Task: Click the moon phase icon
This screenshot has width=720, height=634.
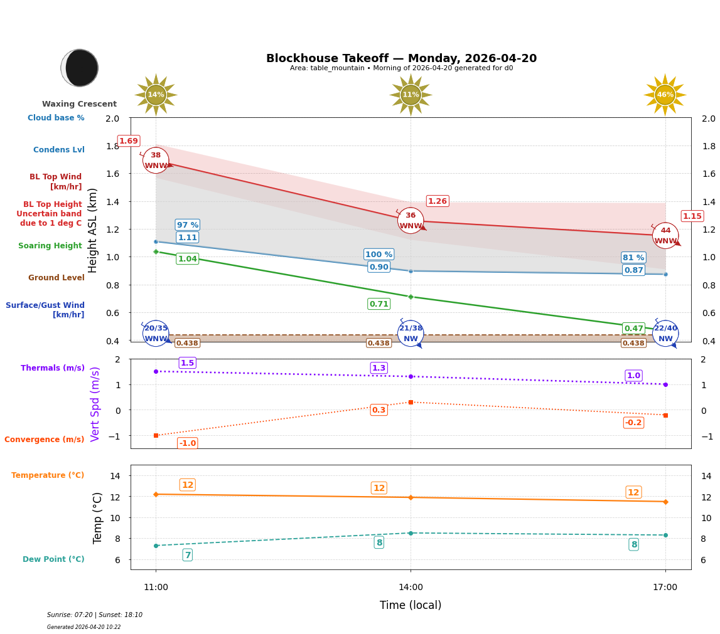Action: (x=80, y=68)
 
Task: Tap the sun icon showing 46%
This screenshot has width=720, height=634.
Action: (x=665, y=95)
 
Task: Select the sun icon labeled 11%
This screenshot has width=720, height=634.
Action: (x=411, y=95)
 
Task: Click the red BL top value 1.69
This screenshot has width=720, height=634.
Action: (x=129, y=141)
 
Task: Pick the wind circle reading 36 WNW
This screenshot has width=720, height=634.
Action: (x=411, y=221)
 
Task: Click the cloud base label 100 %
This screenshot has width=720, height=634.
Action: (x=379, y=255)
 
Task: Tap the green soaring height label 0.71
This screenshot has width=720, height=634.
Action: (x=379, y=304)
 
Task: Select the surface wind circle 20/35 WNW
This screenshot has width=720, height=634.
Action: (x=156, y=334)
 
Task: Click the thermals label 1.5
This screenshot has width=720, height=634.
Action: (x=187, y=363)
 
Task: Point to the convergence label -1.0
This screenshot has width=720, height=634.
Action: (x=187, y=443)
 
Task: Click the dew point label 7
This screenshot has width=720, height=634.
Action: (x=187, y=555)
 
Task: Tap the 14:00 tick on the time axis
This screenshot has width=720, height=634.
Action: (x=411, y=588)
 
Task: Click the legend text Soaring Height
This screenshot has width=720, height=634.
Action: (x=50, y=246)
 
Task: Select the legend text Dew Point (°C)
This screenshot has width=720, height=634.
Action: (x=53, y=559)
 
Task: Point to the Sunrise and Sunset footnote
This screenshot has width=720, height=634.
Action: (x=95, y=615)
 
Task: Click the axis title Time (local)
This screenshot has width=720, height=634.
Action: (x=411, y=605)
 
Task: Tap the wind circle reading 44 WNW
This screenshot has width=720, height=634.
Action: (x=665, y=236)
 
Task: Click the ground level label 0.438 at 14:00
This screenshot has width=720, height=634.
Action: (x=379, y=343)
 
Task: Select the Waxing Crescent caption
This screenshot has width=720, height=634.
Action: (x=79, y=104)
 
